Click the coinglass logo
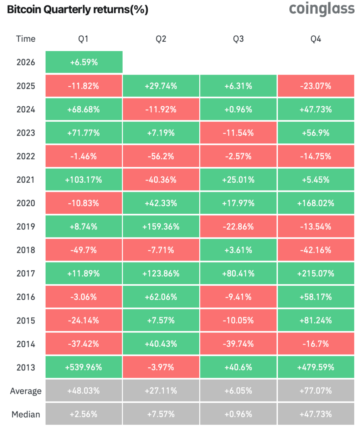coord(322,9)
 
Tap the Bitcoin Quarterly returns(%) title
coord(77,10)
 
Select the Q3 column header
coord(238,39)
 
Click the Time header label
coord(26,39)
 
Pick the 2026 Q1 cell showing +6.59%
coord(84,62)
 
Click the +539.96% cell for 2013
coord(84,367)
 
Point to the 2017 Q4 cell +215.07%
coord(316,274)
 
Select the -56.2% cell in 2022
coord(161,156)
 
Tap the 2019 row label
coord(26,226)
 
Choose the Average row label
coord(26,391)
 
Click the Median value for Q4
coord(316,414)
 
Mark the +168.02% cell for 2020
coord(316,203)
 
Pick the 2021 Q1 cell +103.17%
coord(84,180)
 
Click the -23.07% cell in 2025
coord(316,86)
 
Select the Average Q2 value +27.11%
coord(161,391)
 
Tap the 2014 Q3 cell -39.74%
coord(238,344)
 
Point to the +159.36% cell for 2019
coord(161,226)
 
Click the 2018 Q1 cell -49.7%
coord(84,250)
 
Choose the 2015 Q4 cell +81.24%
coord(316,320)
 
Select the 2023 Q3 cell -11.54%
coord(238,133)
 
